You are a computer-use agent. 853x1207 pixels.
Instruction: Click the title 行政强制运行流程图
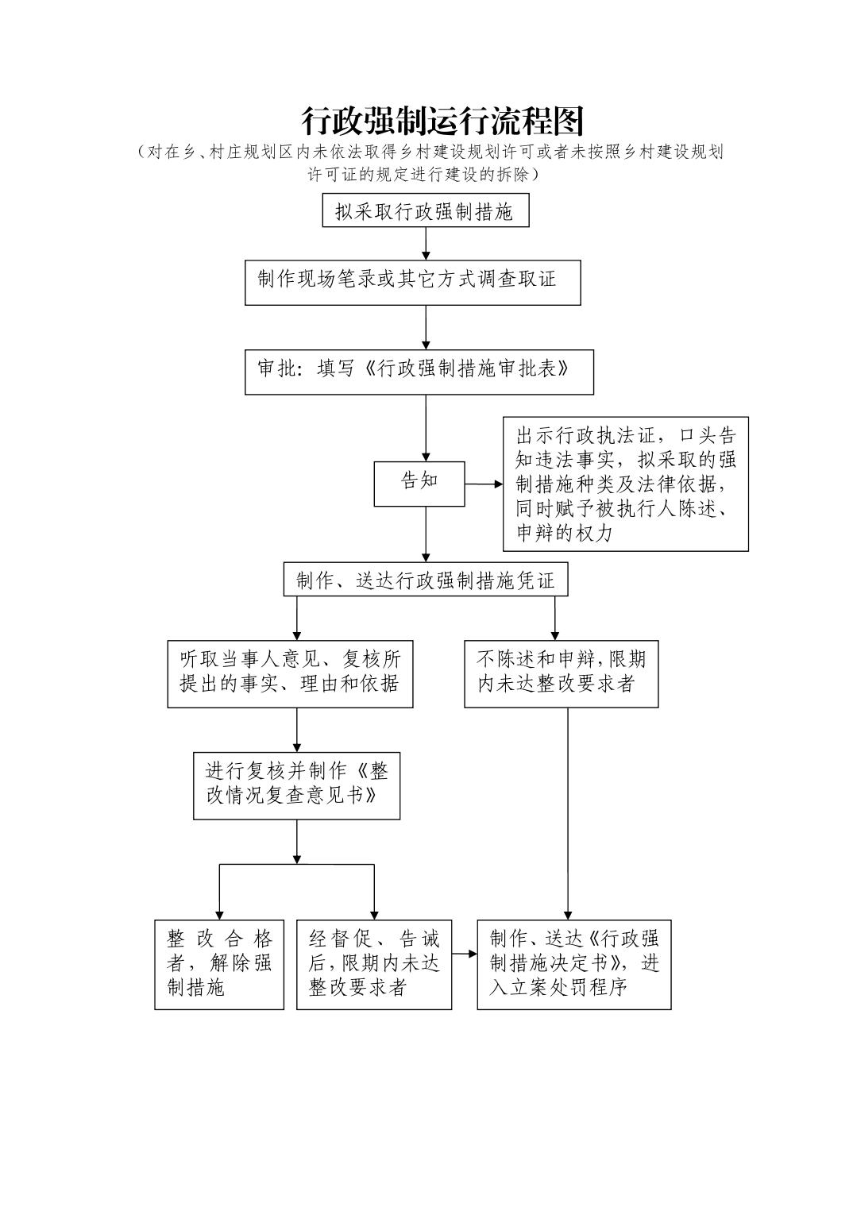442,121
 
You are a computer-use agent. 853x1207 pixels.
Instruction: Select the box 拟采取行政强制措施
425,211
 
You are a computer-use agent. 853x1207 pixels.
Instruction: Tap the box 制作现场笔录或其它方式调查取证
412,282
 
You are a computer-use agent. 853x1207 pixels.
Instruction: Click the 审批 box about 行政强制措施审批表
419,372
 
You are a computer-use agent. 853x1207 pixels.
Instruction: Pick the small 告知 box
419,483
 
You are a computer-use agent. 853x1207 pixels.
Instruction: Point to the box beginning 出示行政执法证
625,484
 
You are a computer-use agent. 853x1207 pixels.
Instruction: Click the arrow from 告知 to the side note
483,484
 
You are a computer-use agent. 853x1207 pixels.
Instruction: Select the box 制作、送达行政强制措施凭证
426,580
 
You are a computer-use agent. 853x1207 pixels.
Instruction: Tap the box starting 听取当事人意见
290,673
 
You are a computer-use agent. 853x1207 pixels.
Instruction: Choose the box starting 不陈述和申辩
561,673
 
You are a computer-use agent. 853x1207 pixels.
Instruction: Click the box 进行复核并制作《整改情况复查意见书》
296,785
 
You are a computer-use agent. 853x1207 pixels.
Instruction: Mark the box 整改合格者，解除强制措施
219,964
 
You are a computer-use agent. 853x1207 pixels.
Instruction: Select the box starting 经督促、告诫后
374,964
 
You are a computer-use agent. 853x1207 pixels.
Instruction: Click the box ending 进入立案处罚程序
573,964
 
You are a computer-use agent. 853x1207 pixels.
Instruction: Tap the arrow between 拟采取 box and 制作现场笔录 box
426,243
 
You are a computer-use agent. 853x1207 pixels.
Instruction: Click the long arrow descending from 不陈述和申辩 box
567,810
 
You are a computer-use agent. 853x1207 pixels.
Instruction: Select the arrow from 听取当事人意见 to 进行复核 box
297,729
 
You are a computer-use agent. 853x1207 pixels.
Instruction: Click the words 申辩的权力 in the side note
565,534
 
